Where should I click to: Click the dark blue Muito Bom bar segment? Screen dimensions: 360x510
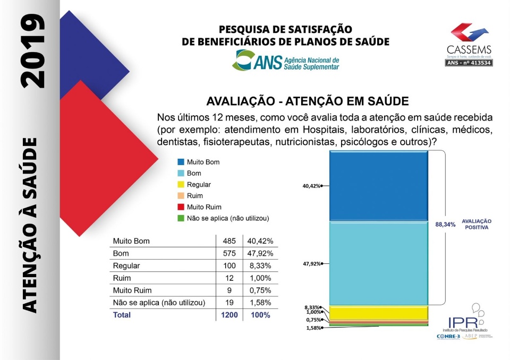click(378, 185)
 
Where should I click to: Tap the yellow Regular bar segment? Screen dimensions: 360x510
click(378, 312)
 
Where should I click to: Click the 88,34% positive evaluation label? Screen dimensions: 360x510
click(446, 225)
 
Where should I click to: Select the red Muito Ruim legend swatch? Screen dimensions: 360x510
click(181, 207)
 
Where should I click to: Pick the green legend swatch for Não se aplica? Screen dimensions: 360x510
click(181, 218)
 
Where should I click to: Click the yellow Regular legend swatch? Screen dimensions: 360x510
click(181, 184)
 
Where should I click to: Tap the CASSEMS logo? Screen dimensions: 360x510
click(469, 45)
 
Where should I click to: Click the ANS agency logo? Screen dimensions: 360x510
click(286, 61)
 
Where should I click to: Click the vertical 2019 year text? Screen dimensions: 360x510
click(32, 50)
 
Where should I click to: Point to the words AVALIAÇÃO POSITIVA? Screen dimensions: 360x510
click(477, 224)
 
